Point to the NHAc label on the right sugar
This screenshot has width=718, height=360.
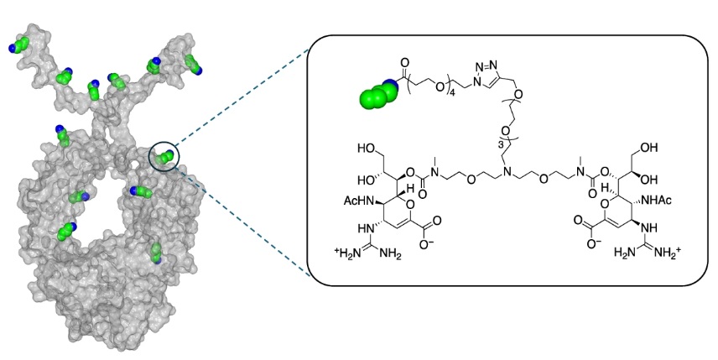(657, 201)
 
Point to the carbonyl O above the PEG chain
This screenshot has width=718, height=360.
(405, 62)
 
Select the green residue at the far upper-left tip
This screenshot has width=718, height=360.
(18, 46)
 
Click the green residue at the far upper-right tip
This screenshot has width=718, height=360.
(193, 64)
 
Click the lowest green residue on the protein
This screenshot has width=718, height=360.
(156, 253)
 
